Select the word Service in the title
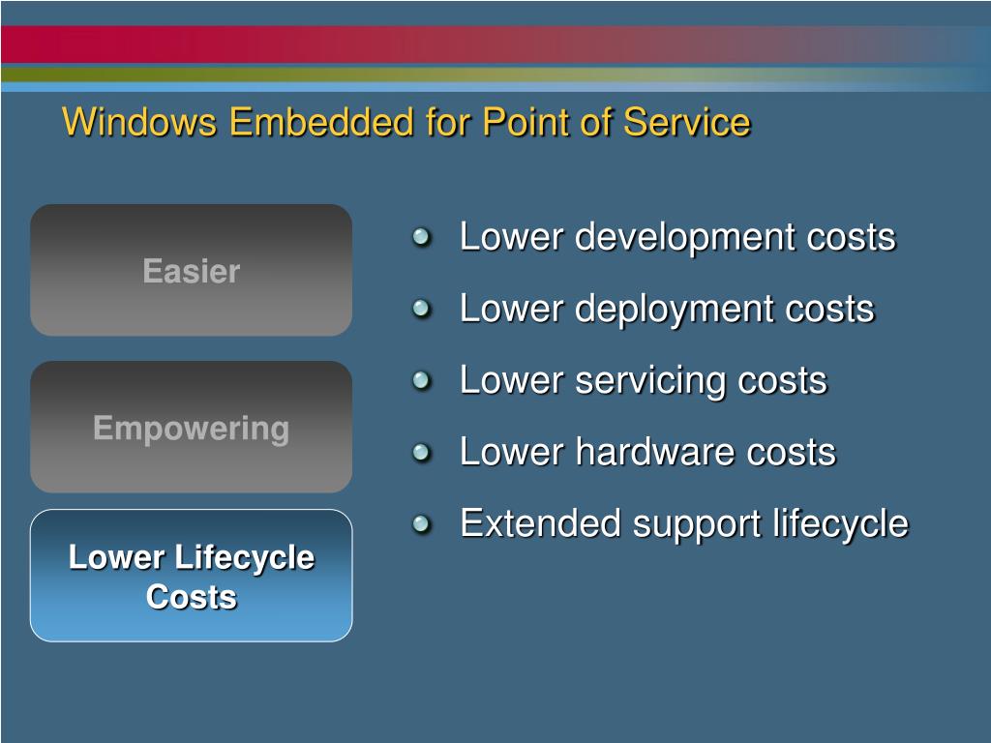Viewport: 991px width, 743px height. [686, 123]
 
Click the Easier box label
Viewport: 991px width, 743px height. [191, 271]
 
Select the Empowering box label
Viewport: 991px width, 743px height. [191, 429]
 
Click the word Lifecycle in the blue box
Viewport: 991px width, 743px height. [246, 558]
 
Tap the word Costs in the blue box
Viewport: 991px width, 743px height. [191, 597]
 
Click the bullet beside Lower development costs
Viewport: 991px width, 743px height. [421, 237]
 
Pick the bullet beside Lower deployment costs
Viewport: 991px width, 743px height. [421, 309]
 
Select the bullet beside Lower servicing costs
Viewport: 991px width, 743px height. [421, 380]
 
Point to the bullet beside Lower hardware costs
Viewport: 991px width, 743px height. [421, 452]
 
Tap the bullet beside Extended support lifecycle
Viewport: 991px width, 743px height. [421, 523]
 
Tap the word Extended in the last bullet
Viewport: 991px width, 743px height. [541, 523]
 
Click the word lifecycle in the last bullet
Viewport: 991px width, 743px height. [841, 524]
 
